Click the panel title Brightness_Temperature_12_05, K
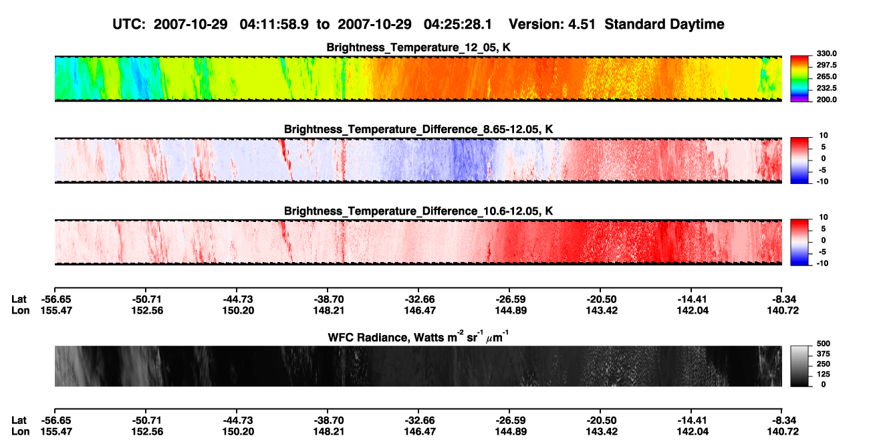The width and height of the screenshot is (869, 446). tap(418, 47)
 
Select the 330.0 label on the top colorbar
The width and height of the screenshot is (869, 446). tap(826, 53)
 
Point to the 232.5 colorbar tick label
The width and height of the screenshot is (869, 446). tap(826, 88)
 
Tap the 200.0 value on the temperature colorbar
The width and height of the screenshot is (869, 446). tap(826, 100)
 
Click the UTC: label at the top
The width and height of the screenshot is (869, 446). tap(129, 25)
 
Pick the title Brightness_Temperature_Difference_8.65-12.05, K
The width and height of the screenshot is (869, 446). tap(418, 129)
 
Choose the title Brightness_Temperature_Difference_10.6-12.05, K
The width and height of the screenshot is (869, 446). tap(418, 211)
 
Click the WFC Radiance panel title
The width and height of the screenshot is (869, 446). tap(418, 336)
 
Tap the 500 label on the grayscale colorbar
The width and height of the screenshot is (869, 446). tap(824, 344)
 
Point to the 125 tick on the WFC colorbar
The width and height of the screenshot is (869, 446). tap(824, 374)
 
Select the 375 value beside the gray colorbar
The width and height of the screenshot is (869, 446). tap(824, 354)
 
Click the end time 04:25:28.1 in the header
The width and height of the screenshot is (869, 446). tap(458, 25)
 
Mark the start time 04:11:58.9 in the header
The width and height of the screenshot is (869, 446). tap(274, 25)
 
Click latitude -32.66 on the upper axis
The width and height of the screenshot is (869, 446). tap(420, 300)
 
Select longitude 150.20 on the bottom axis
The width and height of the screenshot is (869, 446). tap(238, 432)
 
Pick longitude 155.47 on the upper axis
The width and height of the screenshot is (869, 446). tap(56, 310)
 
